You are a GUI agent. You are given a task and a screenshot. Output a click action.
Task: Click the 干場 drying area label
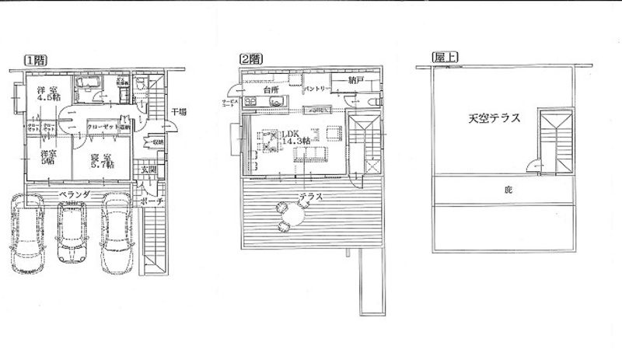pyautogui.click(x=178, y=112)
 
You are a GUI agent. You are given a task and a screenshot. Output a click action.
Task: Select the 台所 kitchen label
pyautogui.click(x=270, y=90)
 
